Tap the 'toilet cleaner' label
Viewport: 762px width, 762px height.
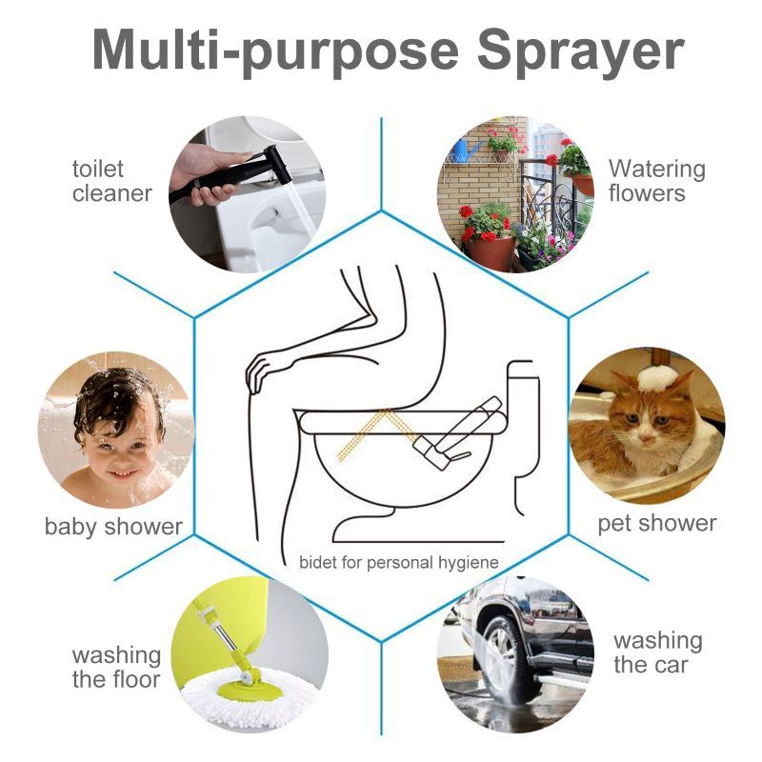point(111,181)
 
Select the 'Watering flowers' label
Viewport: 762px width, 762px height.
point(657,181)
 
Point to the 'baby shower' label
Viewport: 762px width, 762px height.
point(113,526)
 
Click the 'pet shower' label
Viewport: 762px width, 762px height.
point(656,523)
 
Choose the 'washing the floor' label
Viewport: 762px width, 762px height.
point(116,667)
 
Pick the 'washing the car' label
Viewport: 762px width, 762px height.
point(657,652)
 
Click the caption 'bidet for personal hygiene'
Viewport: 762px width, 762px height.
point(398,562)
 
